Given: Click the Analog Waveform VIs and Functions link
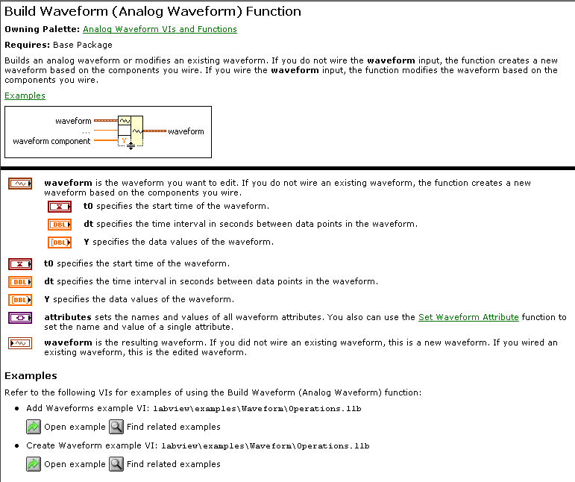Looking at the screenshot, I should click(x=160, y=29).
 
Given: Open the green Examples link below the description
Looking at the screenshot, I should click(x=25, y=96).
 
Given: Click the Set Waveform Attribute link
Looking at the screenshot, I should click(x=468, y=317).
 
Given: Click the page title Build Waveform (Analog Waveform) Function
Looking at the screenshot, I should click(x=153, y=11).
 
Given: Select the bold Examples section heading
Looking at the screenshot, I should click(x=31, y=375).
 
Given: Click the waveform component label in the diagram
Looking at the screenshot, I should click(x=51, y=141).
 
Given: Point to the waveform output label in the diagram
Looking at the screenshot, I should click(x=186, y=131).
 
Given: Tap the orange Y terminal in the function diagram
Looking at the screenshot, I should click(x=125, y=140).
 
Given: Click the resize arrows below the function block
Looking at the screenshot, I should click(x=131, y=146).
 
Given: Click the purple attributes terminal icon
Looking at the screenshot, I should click(x=20, y=317).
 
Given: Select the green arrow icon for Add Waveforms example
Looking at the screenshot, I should click(x=34, y=426).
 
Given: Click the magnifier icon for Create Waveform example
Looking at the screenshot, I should click(x=116, y=463).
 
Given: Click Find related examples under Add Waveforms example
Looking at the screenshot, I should click(x=173, y=427).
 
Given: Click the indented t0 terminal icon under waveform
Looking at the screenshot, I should click(x=59, y=207).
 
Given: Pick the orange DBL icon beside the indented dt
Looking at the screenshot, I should click(x=59, y=225).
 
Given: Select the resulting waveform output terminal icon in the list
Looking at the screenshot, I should click(x=20, y=343).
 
